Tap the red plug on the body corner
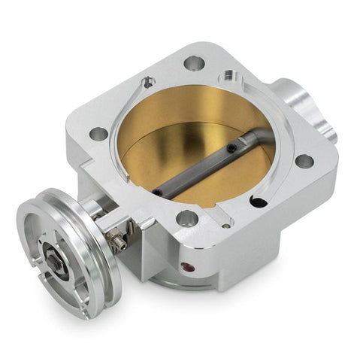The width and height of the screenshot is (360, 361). coord(186,265)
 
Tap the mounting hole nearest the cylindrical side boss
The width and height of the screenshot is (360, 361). coord(304,161)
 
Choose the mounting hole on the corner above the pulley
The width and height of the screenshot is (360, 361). coord(98,135)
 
